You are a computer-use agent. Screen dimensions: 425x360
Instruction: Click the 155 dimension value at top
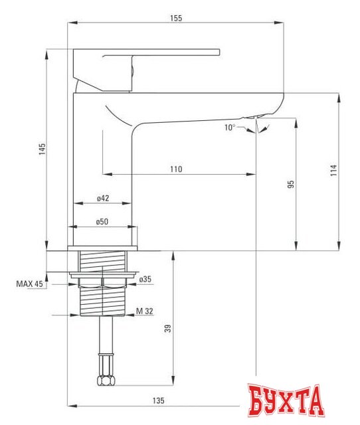(x=175, y=18)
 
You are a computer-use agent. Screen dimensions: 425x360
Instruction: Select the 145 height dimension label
(x=41, y=149)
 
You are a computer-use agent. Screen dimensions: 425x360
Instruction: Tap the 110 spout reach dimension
(x=175, y=169)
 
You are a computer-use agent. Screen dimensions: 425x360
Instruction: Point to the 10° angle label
(x=230, y=127)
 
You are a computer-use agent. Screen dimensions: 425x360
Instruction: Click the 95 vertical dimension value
(x=291, y=185)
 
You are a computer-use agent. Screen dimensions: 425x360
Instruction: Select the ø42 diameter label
(x=102, y=198)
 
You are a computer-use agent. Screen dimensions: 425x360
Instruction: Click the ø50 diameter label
(x=102, y=222)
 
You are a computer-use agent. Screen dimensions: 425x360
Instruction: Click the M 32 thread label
(x=145, y=311)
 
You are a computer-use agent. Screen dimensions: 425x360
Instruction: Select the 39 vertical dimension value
(x=168, y=327)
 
